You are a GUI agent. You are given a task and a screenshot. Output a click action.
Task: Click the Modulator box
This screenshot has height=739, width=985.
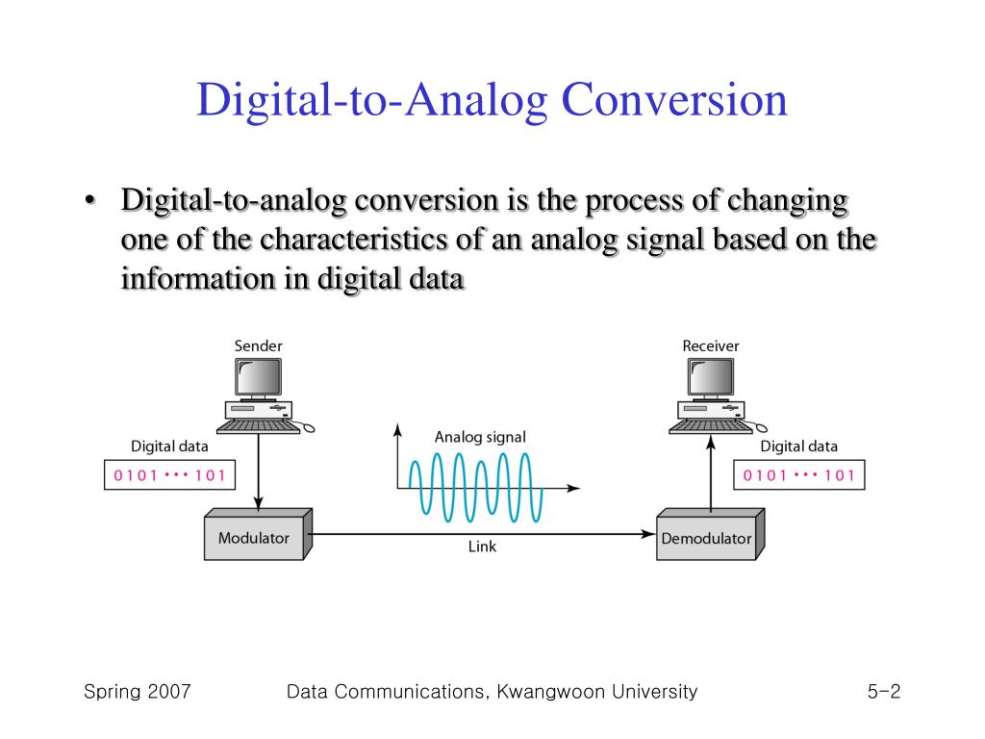pos(254,538)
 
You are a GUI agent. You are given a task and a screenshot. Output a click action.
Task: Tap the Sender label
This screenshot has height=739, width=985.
pos(259,345)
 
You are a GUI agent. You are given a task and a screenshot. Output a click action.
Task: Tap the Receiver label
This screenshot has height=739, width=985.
pos(711,345)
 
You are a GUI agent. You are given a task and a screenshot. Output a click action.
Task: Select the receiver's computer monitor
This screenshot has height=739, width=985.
pos(711,378)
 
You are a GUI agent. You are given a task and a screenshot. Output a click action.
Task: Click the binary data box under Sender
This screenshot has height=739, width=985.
pos(169,474)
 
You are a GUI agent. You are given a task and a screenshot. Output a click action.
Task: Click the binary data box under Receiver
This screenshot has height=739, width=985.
pos(799,474)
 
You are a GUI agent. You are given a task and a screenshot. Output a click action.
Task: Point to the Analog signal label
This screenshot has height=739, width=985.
pos(480,437)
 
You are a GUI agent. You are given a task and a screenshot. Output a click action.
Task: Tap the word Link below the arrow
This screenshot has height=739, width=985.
pos(482,547)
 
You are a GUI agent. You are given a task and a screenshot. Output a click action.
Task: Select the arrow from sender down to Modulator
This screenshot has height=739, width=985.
pos(258,471)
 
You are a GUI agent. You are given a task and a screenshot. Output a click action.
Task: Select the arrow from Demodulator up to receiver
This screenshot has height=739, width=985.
pos(710,471)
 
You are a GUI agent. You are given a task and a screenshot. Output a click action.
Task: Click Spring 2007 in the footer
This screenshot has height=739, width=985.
pos(137,691)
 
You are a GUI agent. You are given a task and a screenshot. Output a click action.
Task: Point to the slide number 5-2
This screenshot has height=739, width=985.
pos(882,691)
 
